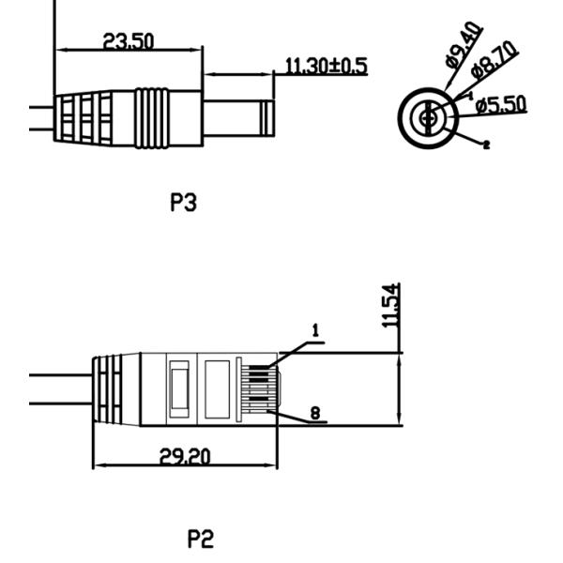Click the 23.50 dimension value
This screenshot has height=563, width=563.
tap(129, 41)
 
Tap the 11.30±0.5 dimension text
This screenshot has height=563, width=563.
tap(327, 66)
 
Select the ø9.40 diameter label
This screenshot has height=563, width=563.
tap(464, 44)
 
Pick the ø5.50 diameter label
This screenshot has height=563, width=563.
tap(501, 104)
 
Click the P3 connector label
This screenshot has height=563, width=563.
tap(184, 202)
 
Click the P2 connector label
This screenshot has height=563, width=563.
tap(201, 539)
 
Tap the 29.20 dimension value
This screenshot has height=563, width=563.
tap(185, 456)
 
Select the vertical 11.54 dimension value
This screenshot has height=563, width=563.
tap(390, 306)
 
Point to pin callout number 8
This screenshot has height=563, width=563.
tap(315, 413)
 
